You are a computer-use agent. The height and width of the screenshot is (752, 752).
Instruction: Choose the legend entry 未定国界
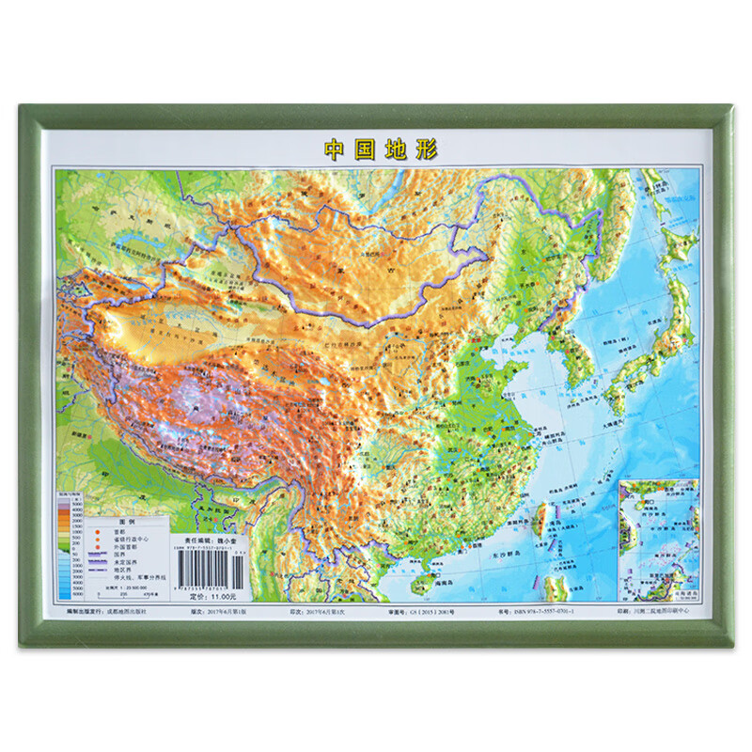pos(123,561)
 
